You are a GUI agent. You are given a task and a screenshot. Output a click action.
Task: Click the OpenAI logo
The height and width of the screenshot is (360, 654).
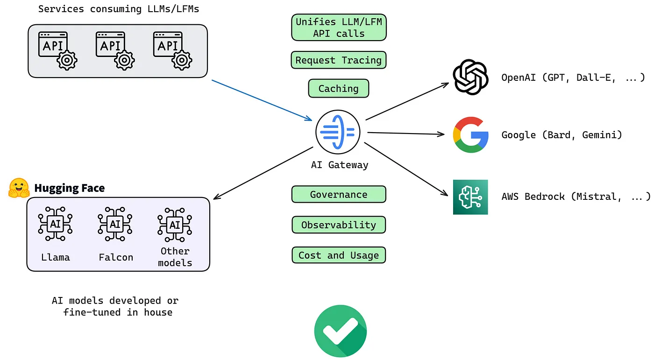pyautogui.click(x=470, y=78)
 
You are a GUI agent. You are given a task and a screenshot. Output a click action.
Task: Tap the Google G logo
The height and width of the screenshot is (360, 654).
pyautogui.click(x=470, y=135)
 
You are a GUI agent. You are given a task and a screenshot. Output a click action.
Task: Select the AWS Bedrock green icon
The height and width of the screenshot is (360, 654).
pyautogui.click(x=470, y=197)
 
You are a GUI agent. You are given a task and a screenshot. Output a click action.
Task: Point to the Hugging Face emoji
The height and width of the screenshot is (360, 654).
pyautogui.click(x=19, y=188)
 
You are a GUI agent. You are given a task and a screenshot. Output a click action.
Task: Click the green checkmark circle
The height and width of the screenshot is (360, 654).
pyautogui.click(x=341, y=331)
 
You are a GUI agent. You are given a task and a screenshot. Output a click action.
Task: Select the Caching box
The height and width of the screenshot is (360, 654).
pyautogui.click(x=339, y=88)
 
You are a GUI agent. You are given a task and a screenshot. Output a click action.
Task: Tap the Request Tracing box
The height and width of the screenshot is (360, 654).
pyautogui.click(x=339, y=60)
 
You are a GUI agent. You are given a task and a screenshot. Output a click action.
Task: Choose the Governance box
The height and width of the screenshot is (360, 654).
pyautogui.click(x=339, y=194)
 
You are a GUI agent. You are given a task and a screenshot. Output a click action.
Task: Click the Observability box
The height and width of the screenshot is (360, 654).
pyautogui.click(x=339, y=225)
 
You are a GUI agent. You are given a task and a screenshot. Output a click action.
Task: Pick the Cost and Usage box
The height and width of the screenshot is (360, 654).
pyautogui.click(x=339, y=255)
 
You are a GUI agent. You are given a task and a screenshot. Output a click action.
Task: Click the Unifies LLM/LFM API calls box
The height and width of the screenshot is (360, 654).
pyautogui.click(x=339, y=28)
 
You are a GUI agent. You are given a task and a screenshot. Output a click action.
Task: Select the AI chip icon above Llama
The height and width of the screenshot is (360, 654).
pyautogui.click(x=55, y=225)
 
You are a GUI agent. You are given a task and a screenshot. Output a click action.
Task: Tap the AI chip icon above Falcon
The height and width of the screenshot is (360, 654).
pyautogui.click(x=115, y=225)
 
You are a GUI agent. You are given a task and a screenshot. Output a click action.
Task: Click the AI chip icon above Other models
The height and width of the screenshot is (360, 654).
pyautogui.click(x=175, y=225)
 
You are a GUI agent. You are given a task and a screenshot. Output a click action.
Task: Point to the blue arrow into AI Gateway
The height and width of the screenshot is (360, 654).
pyautogui.click(x=262, y=100)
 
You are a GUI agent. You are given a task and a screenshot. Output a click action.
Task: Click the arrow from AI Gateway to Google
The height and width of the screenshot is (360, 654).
pyautogui.click(x=405, y=134)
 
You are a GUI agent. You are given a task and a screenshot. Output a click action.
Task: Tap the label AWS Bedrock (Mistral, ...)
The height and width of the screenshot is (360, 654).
pyautogui.click(x=576, y=197)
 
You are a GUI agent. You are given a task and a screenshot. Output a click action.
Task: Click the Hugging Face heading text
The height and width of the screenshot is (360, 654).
pyautogui.click(x=70, y=188)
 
